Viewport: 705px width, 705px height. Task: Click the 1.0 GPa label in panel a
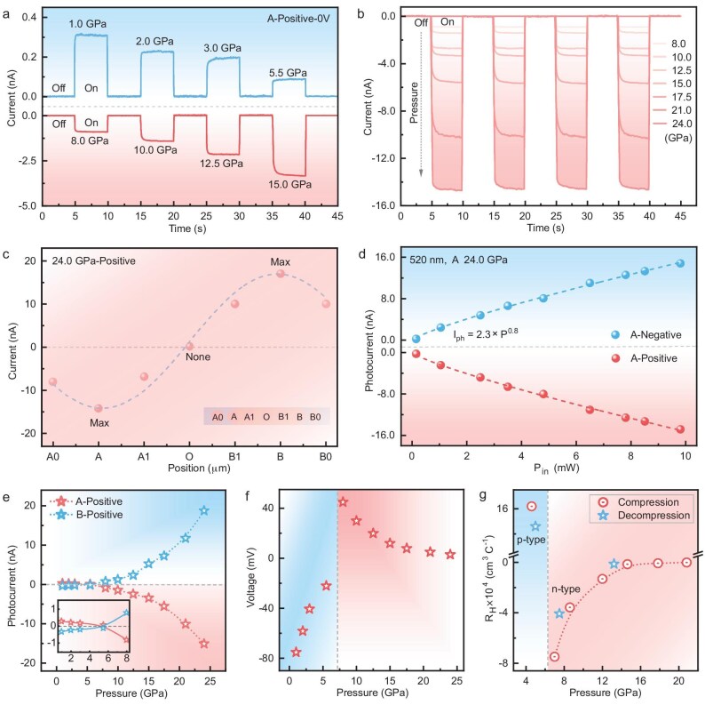(88, 23)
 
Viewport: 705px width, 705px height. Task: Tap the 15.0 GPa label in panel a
(290, 184)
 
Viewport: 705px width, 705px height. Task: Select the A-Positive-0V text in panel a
(298, 19)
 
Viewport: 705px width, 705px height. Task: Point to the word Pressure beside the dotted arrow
(414, 102)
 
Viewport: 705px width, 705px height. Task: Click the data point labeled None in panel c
(190, 346)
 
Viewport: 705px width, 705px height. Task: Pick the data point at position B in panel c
(280, 273)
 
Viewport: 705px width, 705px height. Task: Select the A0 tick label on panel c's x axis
(52, 456)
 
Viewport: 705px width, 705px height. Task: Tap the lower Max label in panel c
(99, 422)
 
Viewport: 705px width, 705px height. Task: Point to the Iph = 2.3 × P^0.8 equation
(486, 334)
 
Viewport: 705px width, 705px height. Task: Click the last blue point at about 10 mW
(680, 263)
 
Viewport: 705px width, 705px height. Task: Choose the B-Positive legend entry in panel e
(86, 514)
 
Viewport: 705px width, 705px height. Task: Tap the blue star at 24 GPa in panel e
(204, 510)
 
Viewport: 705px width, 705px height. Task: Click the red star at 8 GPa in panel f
(343, 502)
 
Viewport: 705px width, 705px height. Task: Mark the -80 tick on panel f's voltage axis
(265, 658)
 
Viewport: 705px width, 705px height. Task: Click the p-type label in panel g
(531, 540)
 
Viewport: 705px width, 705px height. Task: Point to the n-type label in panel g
(566, 589)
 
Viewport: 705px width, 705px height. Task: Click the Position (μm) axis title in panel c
(199, 469)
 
